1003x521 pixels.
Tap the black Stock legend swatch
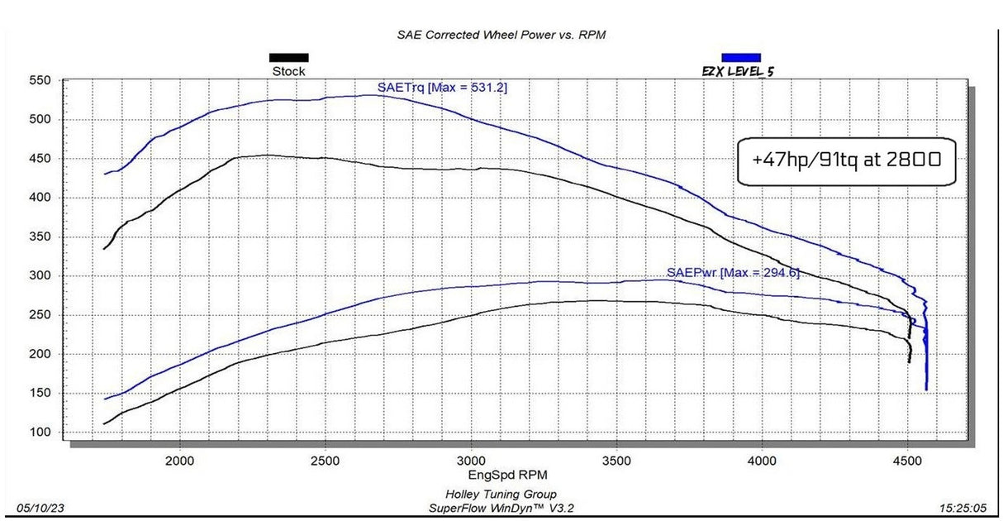pos(288,58)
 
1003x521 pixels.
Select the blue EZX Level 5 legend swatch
pos(741,58)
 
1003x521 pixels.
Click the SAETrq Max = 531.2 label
pos(442,86)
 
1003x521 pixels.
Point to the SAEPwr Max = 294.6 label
pos(733,272)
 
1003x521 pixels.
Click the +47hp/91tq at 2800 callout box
pos(846,160)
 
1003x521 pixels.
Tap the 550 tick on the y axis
pos(40,81)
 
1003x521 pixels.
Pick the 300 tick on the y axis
pos(40,276)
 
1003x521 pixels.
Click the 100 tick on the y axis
pos(40,433)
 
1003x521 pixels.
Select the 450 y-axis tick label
pos(40,159)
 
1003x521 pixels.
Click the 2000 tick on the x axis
pos(179,460)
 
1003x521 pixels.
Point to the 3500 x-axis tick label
pos(616,460)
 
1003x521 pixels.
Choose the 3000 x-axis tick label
pos(471,460)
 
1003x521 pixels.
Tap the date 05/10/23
pos(36,507)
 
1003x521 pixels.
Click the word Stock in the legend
pos(288,72)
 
